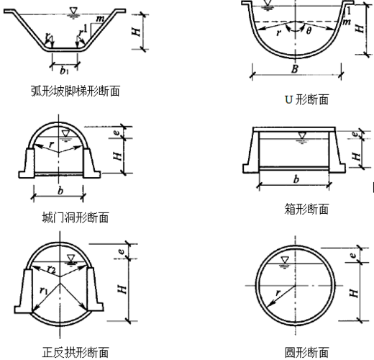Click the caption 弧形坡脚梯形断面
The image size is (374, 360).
(x=76, y=91)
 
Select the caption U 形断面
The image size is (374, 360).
(x=306, y=99)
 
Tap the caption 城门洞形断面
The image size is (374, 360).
(x=76, y=217)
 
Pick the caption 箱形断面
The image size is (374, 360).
(x=306, y=209)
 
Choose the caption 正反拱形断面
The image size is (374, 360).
(x=76, y=352)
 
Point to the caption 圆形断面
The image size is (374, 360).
(x=306, y=352)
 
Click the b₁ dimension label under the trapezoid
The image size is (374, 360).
(x=64, y=71)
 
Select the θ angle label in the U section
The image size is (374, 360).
(x=309, y=30)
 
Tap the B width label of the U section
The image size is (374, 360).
(x=295, y=69)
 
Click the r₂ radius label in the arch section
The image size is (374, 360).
(x=52, y=270)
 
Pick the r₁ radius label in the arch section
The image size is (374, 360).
(x=44, y=290)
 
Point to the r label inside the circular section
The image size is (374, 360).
(x=278, y=293)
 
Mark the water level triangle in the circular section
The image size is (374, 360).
(x=285, y=259)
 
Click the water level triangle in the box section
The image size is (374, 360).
(x=301, y=135)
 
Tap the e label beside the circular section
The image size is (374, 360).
(x=353, y=255)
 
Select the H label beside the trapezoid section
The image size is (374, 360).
(x=136, y=32)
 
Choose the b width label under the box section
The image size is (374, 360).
(x=296, y=179)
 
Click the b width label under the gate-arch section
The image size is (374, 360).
(x=60, y=191)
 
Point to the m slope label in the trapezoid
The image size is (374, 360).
(x=100, y=19)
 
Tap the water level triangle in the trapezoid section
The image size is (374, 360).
(x=73, y=11)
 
